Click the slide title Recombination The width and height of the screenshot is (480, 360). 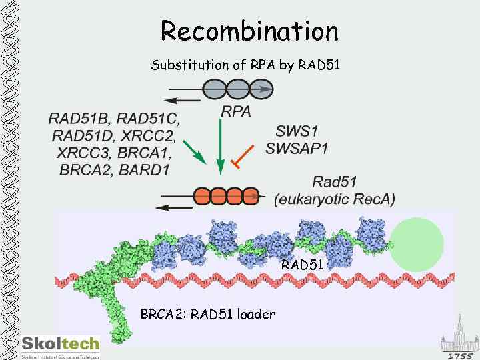click(249, 31)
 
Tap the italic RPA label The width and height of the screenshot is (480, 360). click(236, 112)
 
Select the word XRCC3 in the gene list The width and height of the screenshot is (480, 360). click(80, 153)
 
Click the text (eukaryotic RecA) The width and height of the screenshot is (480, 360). click(335, 199)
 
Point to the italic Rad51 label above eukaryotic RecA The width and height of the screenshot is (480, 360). click(335, 181)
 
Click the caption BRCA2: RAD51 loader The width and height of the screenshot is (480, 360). click(207, 313)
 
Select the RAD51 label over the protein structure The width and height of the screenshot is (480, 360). click(302, 265)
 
